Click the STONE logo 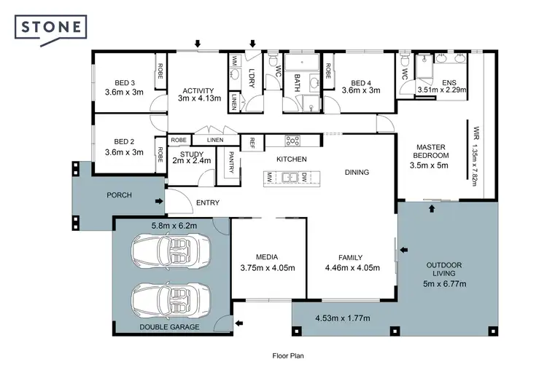[52, 27]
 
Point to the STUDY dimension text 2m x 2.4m [192, 161]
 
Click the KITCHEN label [291, 159]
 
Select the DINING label [357, 173]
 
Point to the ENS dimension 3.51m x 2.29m [441, 90]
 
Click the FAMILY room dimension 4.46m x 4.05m [352, 267]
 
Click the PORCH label [119, 195]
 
